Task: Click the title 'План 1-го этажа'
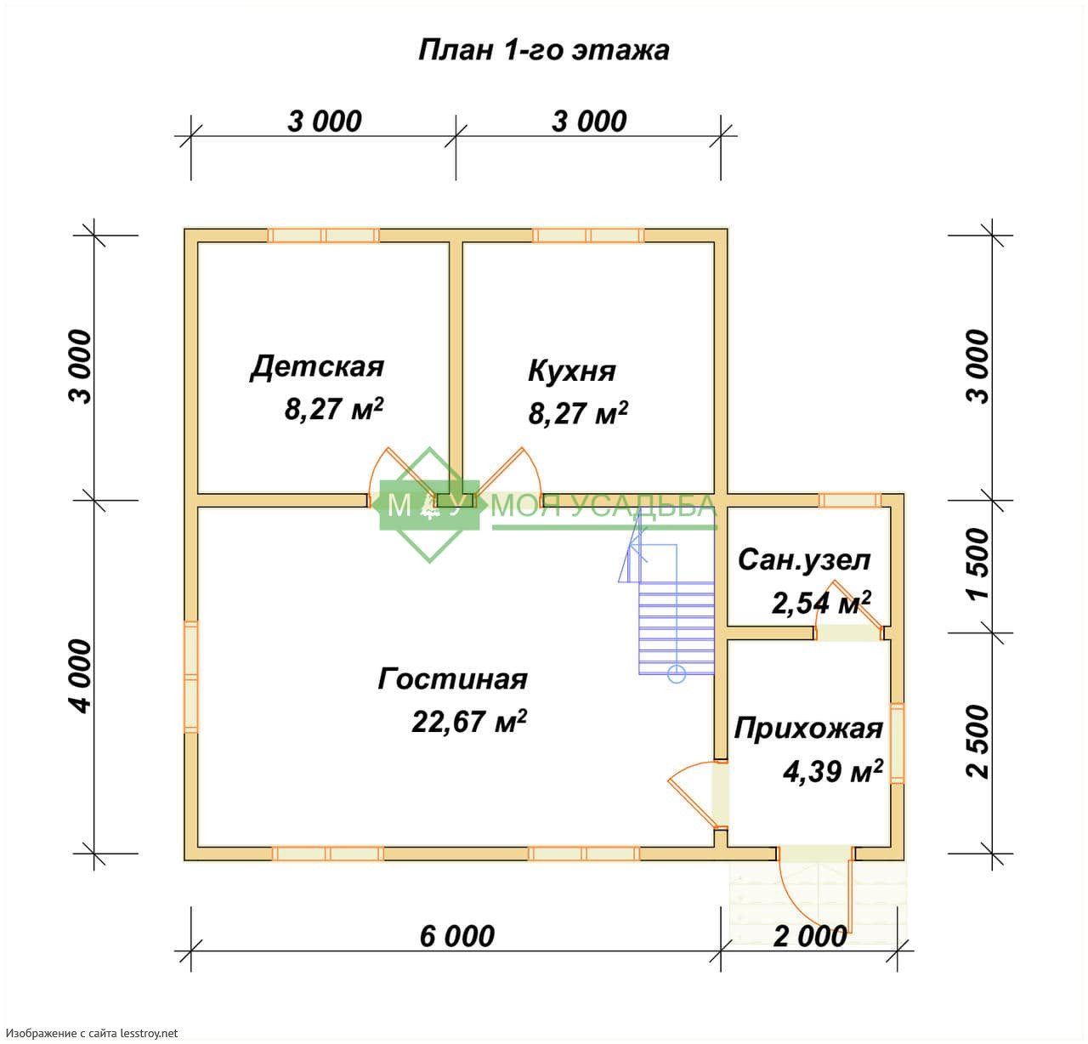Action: coord(543,51)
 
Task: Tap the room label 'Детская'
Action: coord(317,367)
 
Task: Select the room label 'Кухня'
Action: coord(572,372)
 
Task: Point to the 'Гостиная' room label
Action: coord(453,679)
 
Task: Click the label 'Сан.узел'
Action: coord(805,560)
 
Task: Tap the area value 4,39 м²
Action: coord(833,772)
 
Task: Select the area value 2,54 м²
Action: coord(821,602)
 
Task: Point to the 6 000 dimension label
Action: coord(457,937)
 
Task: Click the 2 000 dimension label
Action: coord(810,937)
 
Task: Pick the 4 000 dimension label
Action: coord(80,676)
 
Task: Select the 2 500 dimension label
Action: coord(977,741)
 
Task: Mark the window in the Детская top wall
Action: coord(323,235)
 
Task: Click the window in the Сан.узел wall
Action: coord(850,500)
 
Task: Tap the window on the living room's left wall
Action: coord(191,677)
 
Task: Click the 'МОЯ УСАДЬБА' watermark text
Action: coord(603,507)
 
